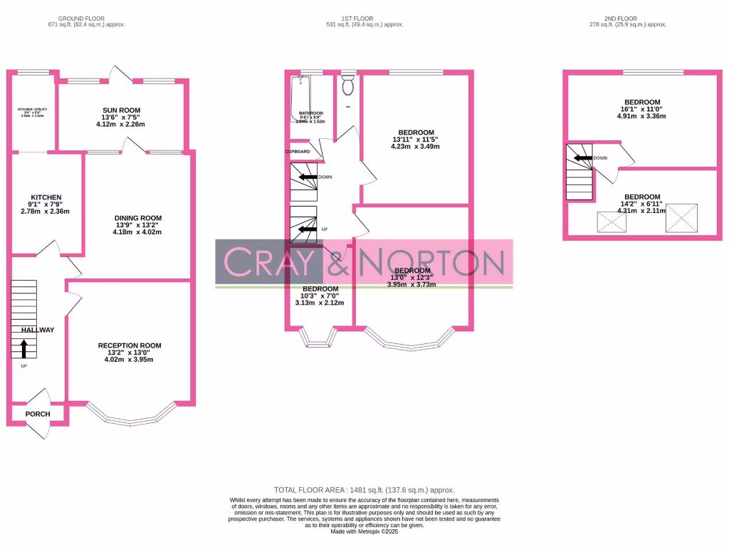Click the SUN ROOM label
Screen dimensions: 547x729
pyautogui.click(x=121, y=110)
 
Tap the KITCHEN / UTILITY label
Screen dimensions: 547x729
pyautogui.click(x=31, y=110)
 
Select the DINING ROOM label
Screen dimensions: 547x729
pyautogui.click(x=138, y=218)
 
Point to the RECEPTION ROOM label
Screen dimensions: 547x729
pyautogui.click(x=130, y=345)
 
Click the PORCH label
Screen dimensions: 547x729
pyautogui.click(x=37, y=414)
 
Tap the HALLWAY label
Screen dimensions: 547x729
pyautogui.click(x=37, y=330)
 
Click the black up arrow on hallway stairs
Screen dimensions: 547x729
pyautogui.click(x=24, y=348)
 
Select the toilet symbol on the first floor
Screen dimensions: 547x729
pyautogui.click(x=348, y=86)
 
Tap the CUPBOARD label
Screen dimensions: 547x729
pyautogui.click(x=298, y=152)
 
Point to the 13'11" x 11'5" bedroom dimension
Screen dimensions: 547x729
pyautogui.click(x=416, y=140)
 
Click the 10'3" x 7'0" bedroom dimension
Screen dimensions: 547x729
pyautogui.click(x=319, y=296)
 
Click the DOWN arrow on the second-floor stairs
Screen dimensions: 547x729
pyautogui.click(x=583, y=158)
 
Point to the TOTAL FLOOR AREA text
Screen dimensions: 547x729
pyautogui.click(x=364, y=490)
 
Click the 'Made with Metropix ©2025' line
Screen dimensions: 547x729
pyautogui.click(x=364, y=531)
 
